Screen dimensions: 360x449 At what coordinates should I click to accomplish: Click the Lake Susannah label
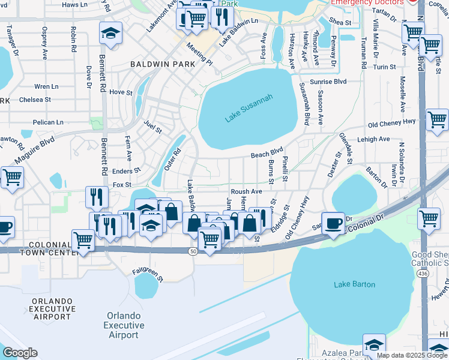[x=249, y=109]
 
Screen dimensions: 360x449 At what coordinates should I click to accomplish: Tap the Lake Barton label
[x=354, y=284]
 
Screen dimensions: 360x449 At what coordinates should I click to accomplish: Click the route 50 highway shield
[x=193, y=251]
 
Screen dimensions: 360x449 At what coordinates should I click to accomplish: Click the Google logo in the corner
[x=20, y=353]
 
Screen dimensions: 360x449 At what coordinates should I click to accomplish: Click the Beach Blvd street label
[x=267, y=154]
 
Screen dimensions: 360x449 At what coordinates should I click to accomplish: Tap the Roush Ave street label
[x=247, y=191]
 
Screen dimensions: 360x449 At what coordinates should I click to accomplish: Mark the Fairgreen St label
[x=148, y=275]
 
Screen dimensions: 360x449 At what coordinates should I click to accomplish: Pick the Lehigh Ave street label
[x=373, y=139]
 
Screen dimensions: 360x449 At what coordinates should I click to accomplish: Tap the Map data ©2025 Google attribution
[x=412, y=355]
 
